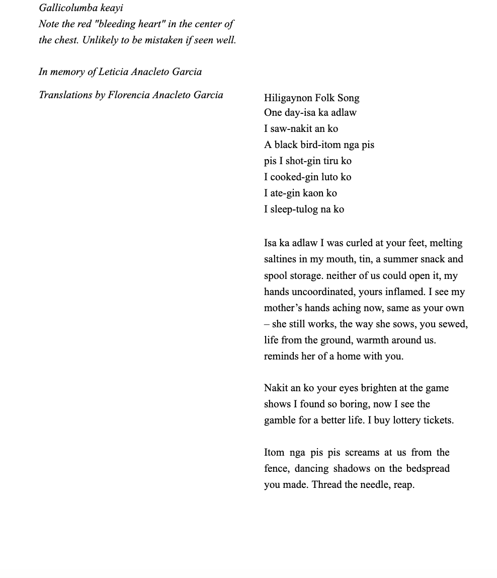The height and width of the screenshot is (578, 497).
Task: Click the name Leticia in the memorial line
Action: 113,72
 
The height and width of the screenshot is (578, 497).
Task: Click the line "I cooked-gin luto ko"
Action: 307,177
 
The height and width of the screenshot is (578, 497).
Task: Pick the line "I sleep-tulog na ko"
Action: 304,209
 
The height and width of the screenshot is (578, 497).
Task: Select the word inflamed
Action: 405,292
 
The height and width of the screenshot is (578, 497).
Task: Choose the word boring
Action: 356,404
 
